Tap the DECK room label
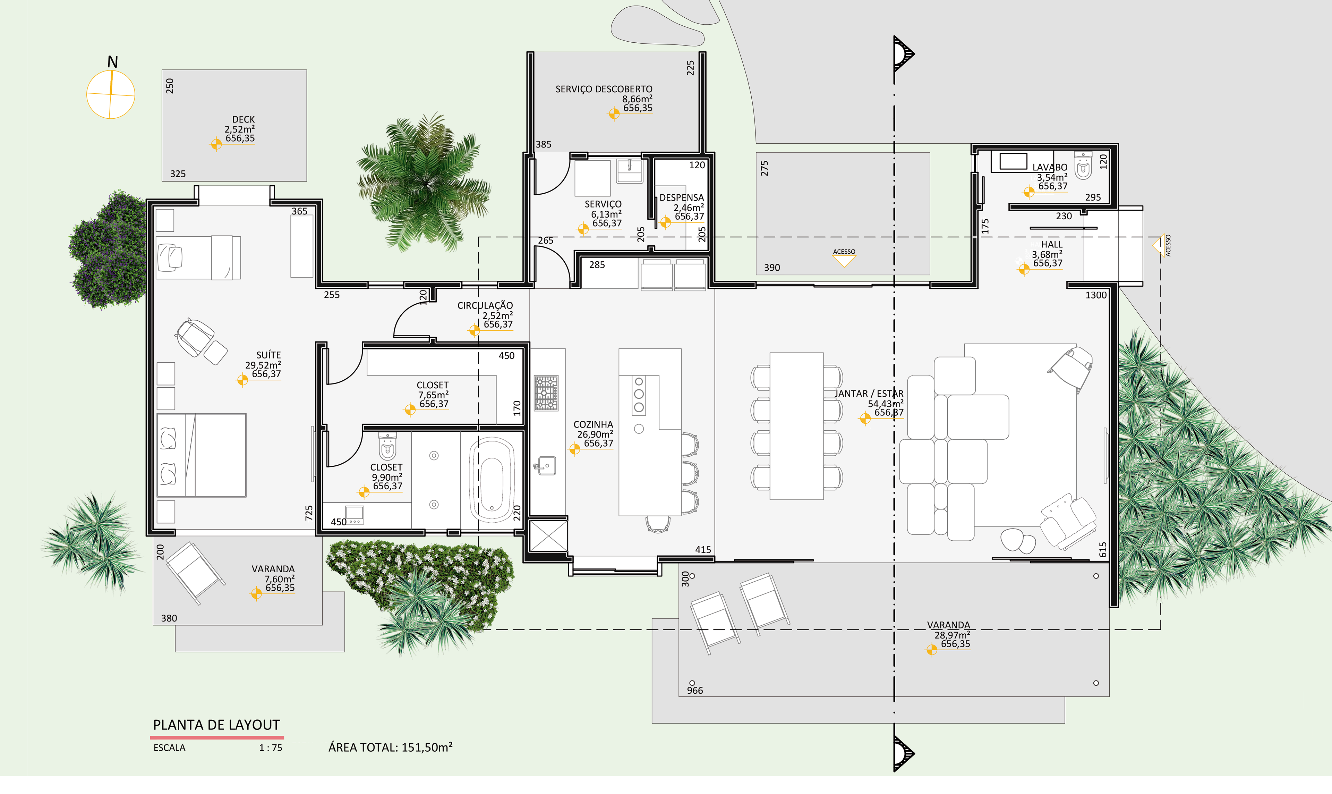[243, 119]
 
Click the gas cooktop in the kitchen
[546, 393]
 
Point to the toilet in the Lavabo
[1083, 165]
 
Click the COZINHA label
[593, 424]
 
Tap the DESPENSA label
[681, 197]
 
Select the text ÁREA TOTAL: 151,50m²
[390, 747]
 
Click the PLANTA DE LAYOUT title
[216, 725]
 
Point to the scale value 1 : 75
[271, 748]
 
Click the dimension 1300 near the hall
[1096, 295]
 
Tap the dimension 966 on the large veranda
[694, 691]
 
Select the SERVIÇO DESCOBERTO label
[604, 89]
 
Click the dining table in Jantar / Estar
[796, 426]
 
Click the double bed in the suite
[202, 455]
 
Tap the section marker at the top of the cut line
[903, 53]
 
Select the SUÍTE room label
[268, 355]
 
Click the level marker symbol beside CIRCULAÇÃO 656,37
[474, 330]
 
